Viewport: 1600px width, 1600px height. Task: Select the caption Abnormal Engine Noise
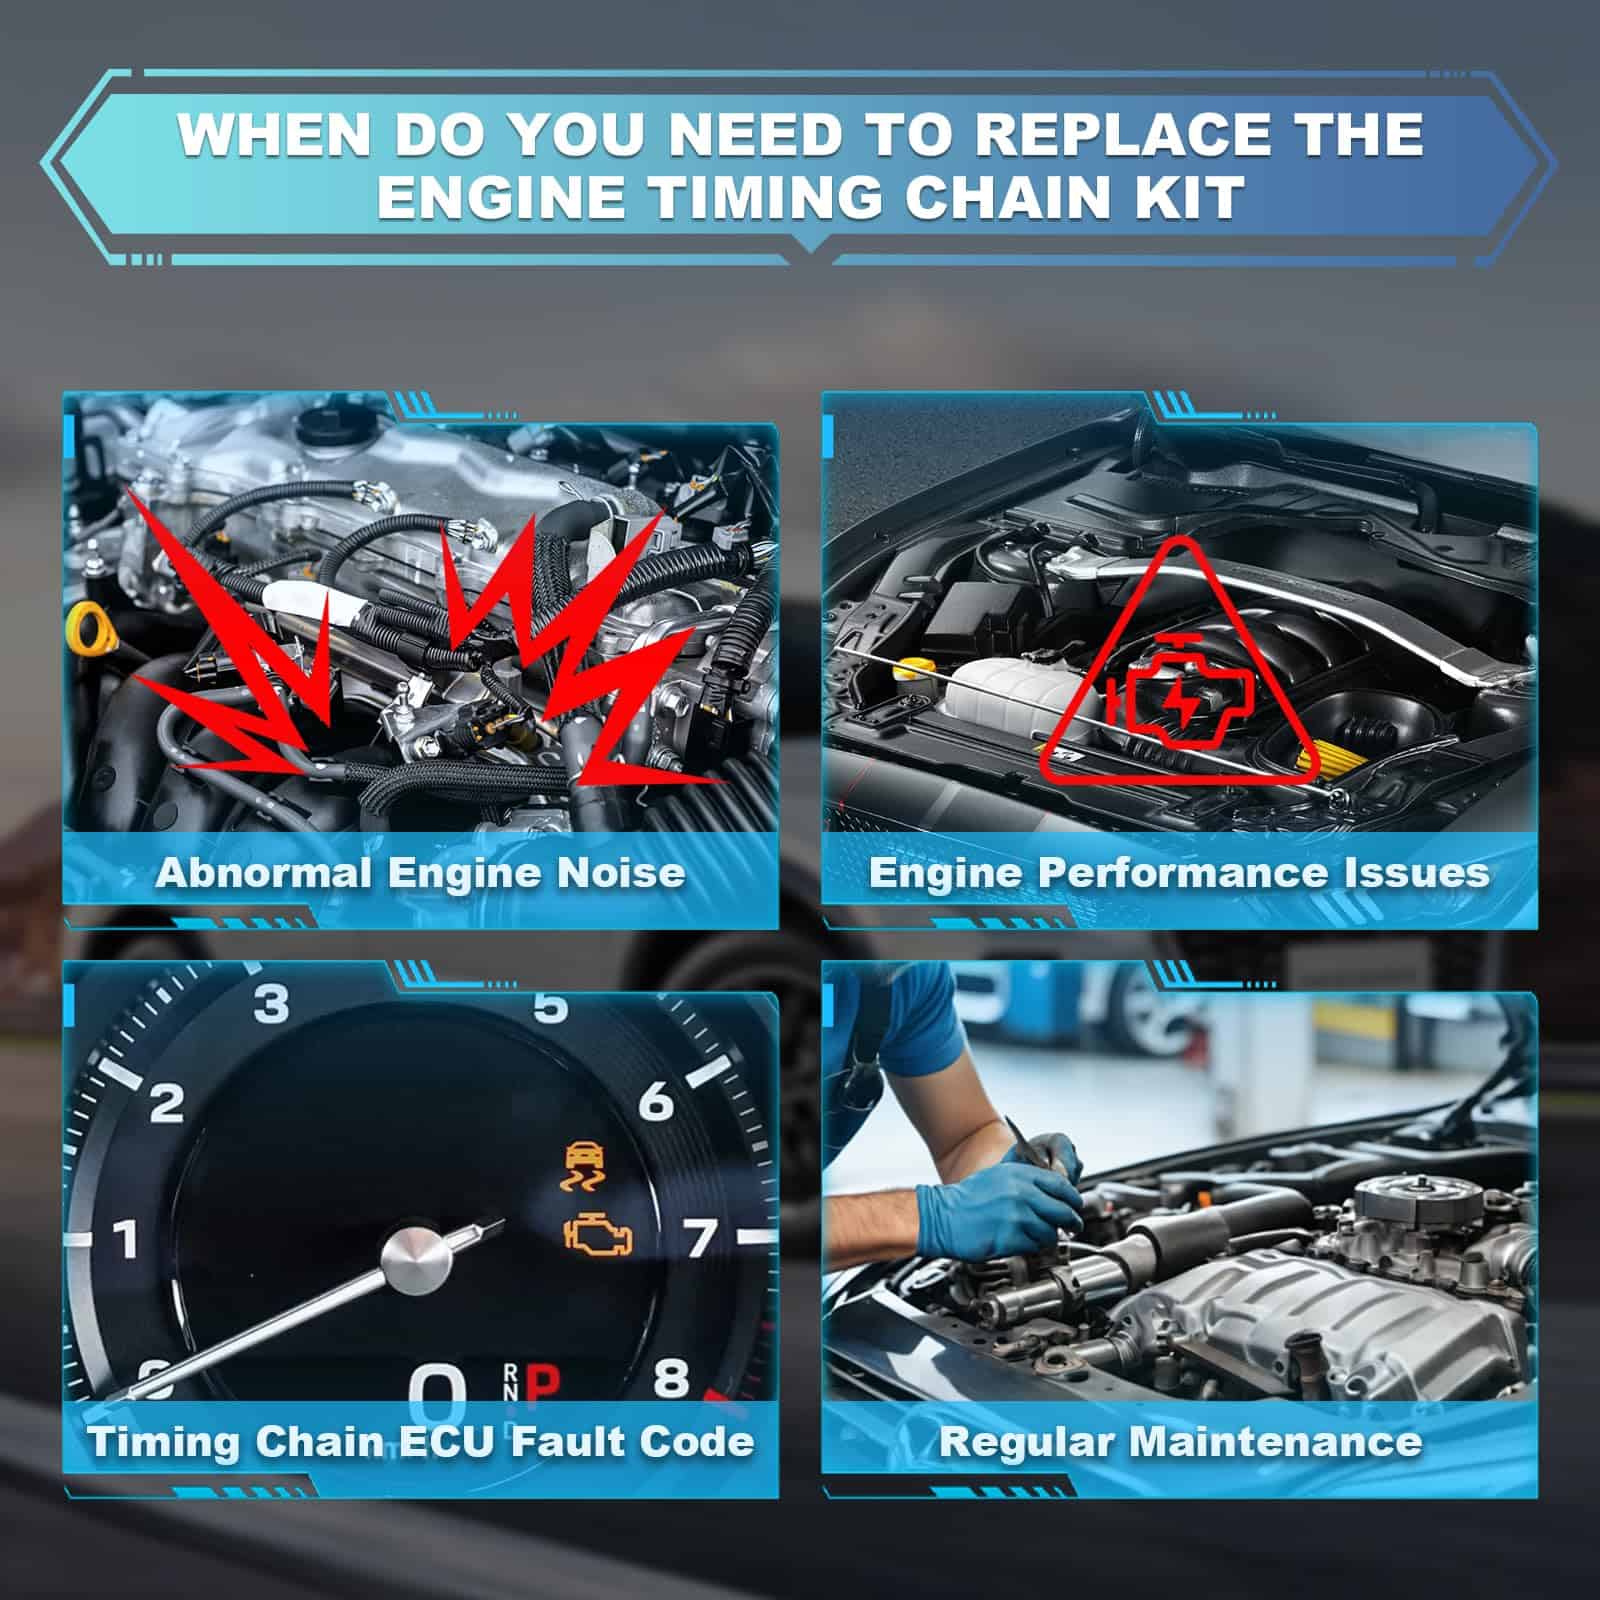(x=420, y=873)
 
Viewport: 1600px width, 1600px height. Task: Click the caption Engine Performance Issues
(x=1179, y=873)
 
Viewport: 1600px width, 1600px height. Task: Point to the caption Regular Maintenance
(x=1180, y=1441)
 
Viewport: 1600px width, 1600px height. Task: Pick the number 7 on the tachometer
(x=701, y=1238)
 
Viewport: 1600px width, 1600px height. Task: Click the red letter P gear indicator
(x=542, y=1384)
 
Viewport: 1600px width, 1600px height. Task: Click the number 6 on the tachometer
(x=656, y=1101)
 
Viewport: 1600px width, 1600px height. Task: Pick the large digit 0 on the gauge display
(x=438, y=1390)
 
